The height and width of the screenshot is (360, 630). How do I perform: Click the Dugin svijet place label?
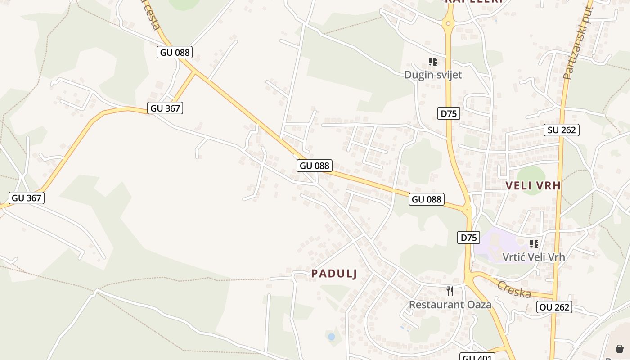click(x=433, y=75)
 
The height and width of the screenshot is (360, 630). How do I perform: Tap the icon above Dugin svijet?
click(x=433, y=62)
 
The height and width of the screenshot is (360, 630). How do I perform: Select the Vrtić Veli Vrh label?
click(x=533, y=257)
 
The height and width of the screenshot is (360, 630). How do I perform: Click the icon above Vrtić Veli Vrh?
click(x=534, y=244)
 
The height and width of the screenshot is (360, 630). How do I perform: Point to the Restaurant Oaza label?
click(x=450, y=305)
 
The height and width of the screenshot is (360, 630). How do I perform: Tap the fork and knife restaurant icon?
click(x=450, y=291)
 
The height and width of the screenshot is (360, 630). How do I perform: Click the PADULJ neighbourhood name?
click(x=334, y=274)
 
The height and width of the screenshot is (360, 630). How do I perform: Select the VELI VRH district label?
click(x=533, y=185)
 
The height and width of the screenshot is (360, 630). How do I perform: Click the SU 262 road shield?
click(x=561, y=130)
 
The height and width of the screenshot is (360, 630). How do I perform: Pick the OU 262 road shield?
click(x=554, y=307)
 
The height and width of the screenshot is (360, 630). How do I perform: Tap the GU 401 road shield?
click(x=477, y=357)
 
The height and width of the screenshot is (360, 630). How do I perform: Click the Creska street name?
click(x=514, y=289)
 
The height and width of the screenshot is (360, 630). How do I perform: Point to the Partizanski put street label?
click(x=579, y=43)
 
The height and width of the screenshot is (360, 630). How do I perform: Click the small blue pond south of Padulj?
click(x=332, y=337)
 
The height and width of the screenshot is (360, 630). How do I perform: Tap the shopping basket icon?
click(x=620, y=348)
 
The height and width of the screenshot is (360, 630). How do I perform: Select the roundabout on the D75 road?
click(x=448, y=23)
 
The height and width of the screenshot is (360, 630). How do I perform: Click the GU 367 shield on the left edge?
click(x=27, y=198)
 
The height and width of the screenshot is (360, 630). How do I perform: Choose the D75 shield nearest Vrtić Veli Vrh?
click(x=468, y=238)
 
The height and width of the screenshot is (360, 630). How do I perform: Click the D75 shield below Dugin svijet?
click(x=449, y=113)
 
